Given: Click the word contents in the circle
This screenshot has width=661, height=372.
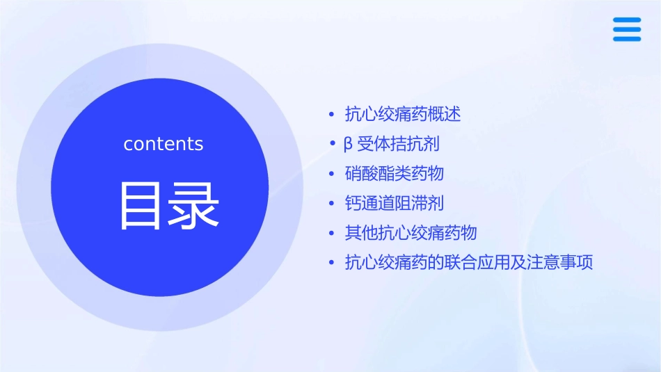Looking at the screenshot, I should (x=164, y=144).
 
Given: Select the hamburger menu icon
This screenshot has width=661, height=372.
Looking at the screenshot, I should (x=627, y=29).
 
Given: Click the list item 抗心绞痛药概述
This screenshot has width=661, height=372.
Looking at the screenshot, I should (x=403, y=114).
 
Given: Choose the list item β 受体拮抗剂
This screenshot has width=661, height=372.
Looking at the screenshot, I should (x=392, y=144).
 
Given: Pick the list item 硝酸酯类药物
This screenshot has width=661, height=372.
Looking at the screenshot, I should (x=395, y=173).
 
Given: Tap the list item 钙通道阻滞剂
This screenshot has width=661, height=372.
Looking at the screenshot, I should (x=395, y=203).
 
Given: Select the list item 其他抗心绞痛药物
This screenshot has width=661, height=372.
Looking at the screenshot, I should (x=411, y=233).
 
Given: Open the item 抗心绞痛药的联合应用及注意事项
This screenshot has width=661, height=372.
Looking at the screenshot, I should (x=469, y=263).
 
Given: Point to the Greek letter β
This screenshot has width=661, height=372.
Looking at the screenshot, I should (x=349, y=145).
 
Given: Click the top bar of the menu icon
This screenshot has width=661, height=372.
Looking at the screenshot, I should (x=627, y=20).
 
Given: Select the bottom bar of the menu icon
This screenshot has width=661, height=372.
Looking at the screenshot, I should (x=627, y=39).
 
